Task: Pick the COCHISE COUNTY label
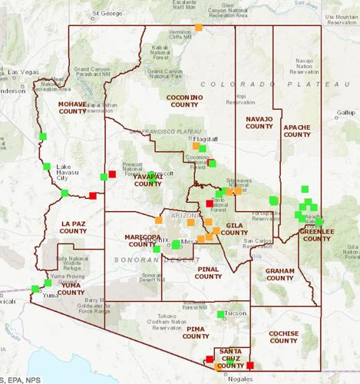point(283,336)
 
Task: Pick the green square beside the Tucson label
point(220,314)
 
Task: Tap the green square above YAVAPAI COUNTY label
point(152,175)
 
